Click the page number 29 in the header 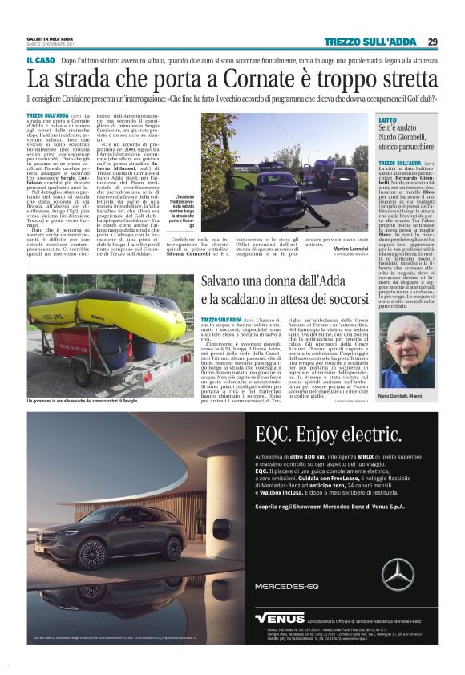[432, 42]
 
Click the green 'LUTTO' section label [388, 119]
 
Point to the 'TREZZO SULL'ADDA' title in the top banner [370, 42]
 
